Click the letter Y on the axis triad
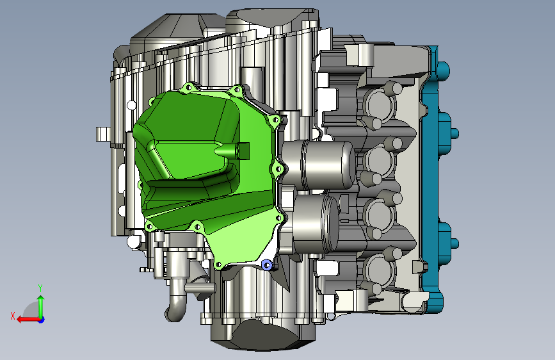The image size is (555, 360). click(40, 288)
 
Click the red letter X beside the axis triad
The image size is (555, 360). click(13, 316)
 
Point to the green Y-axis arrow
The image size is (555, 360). click(41, 307)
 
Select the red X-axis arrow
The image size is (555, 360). click(28, 320)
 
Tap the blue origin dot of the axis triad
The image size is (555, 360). click(42, 320)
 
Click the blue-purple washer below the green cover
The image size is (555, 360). click(266, 265)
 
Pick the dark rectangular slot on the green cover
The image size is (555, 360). click(243, 151)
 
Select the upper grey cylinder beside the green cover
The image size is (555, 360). click(319, 165)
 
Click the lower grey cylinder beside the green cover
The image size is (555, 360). click(316, 224)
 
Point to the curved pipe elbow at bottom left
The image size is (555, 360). click(176, 305)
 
